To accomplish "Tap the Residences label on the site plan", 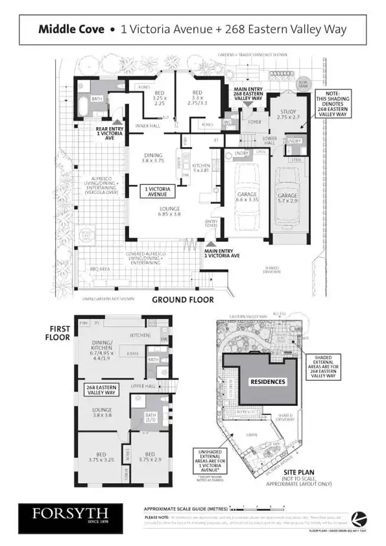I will (x=267, y=381).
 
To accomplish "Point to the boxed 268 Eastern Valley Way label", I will (x=101, y=389).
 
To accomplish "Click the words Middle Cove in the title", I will (x=73, y=29).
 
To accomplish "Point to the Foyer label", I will (x=254, y=121).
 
